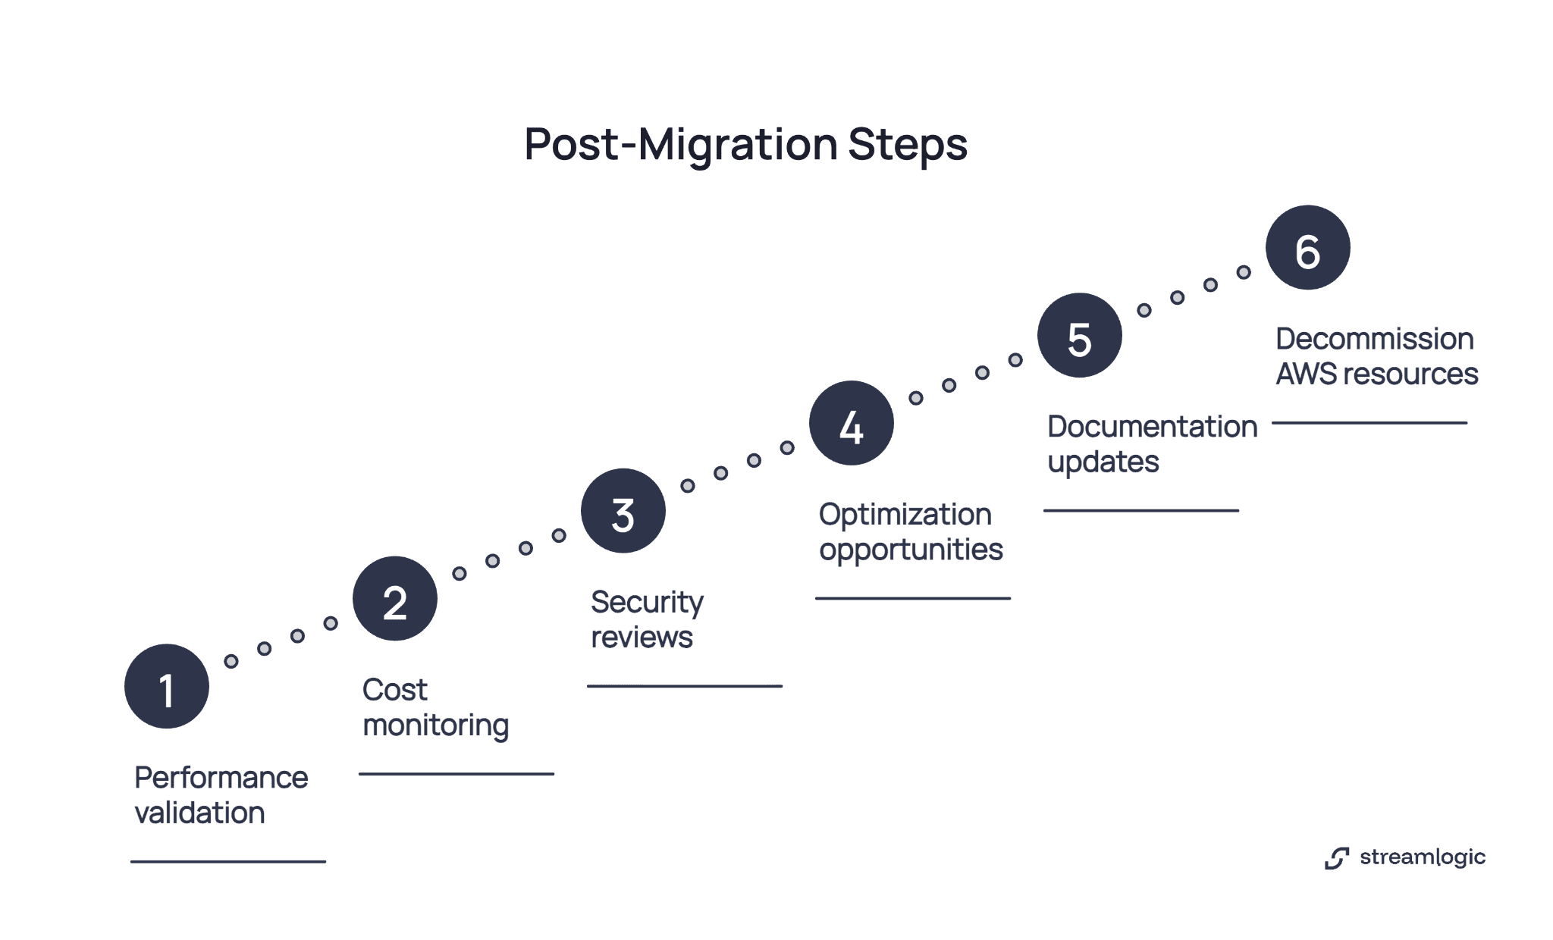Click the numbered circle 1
pyautogui.click(x=167, y=686)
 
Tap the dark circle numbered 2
pyautogui.click(x=394, y=598)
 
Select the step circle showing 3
pyautogui.click(x=623, y=510)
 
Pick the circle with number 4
pyautogui.click(x=851, y=423)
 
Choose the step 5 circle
pyautogui.click(x=1079, y=335)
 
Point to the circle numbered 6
pyautogui.click(x=1307, y=247)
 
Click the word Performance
pyautogui.click(x=221, y=778)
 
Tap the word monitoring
pyautogui.click(x=435, y=725)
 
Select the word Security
pyautogui.click(x=647, y=603)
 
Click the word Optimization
pyautogui.click(x=905, y=515)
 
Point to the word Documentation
pyautogui.click(x=1152, y=427)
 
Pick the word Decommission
pyautogui.click(x=1374, y=339)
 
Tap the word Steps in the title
pyautogui.click(x=907, y=144)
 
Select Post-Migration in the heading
pyautogui.click(x=680, y=144)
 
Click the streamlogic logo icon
pyautogui.click(x=1337, y=858)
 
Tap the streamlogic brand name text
pyautogui.click(x=1422, y=857)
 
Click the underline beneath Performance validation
pyautogui.click(x=227, y=862)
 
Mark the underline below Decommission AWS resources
pyautogui.click(x=1369, y=423)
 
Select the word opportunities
pyautogui.click(x=911, y=550)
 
